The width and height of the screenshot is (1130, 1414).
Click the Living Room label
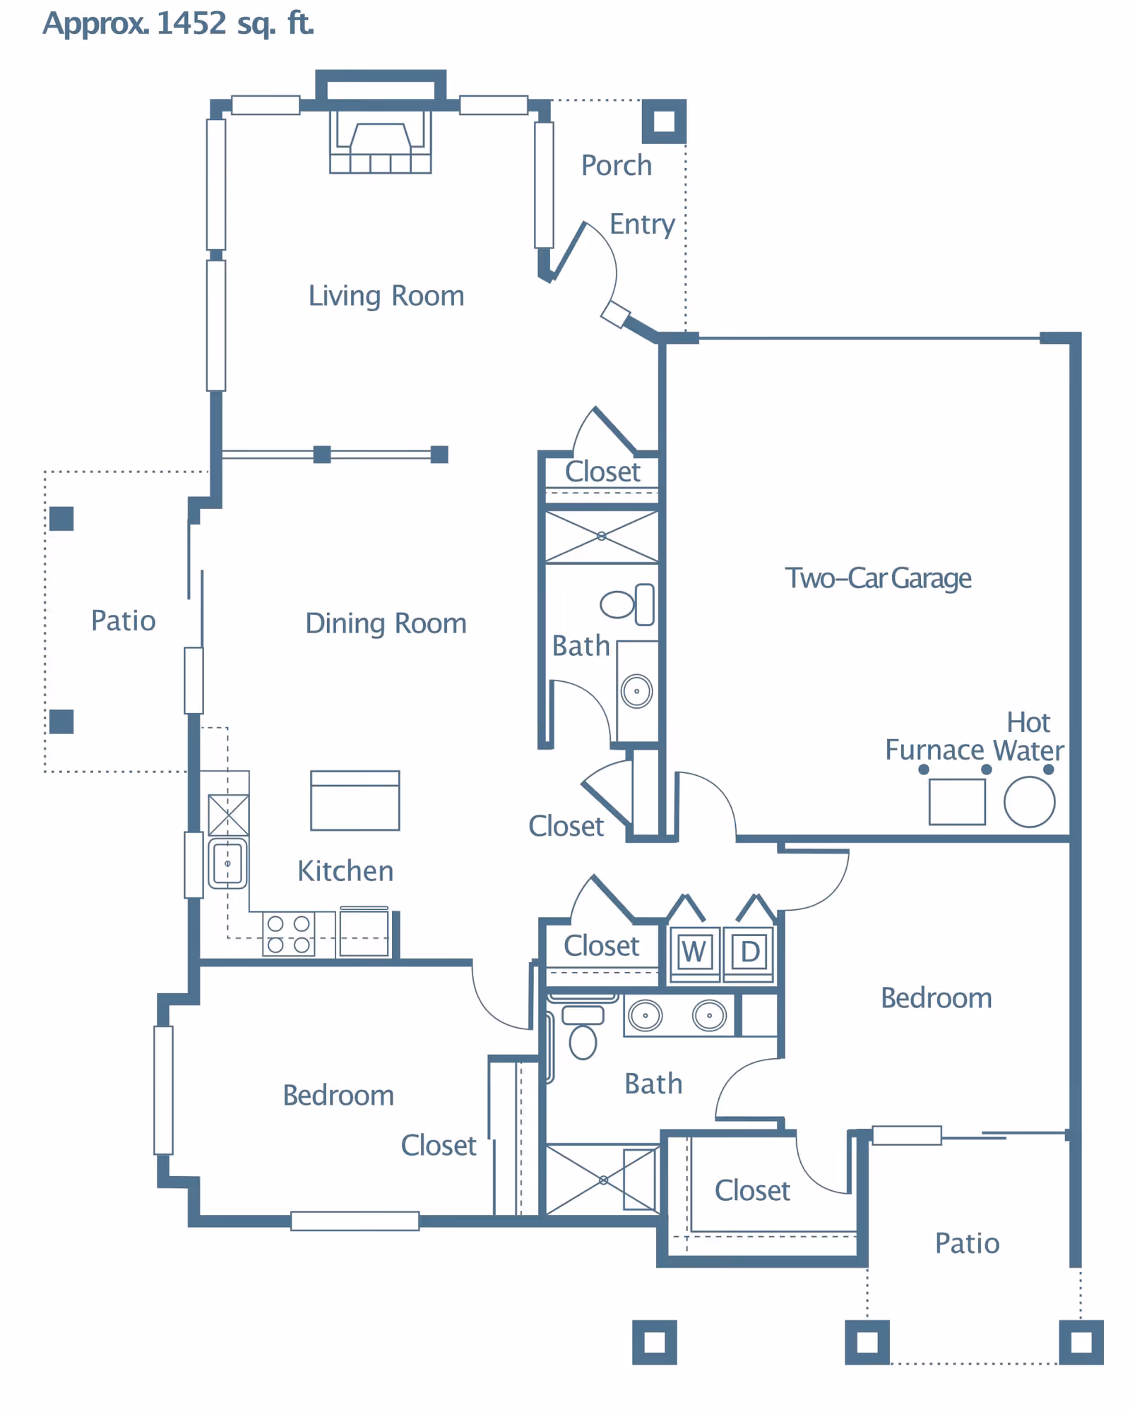pos(386,296)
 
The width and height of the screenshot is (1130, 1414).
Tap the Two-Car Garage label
pos(878,578)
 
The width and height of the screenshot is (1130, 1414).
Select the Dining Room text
pos(386,624)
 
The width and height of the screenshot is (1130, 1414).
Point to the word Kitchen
pos(345,871)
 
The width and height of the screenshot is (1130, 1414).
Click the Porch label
pos(616,165)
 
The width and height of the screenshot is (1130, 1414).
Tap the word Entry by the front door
pos(642,225)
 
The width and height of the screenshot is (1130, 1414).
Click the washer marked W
pos(694,953)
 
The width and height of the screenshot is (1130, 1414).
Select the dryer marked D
pos(749,953)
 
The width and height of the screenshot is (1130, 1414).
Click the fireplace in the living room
pos(381,141)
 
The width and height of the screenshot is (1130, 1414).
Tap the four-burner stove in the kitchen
pos(289,934)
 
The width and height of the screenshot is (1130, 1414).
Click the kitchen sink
pos(227,863)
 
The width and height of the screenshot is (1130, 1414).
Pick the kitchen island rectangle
pos(355,801)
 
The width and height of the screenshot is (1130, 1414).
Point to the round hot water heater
pos(1029,802)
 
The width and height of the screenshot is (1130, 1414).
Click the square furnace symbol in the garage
pos(957,802)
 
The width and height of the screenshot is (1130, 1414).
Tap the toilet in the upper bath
pos(627,604)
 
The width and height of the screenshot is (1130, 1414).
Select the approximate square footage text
pos(178,23)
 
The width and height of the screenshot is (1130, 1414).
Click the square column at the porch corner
pos(664,121)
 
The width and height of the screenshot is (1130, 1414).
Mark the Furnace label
pos(934,750)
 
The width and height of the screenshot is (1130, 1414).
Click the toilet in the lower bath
pos(583,1032)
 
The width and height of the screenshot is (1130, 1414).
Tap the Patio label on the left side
pos(124,621)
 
